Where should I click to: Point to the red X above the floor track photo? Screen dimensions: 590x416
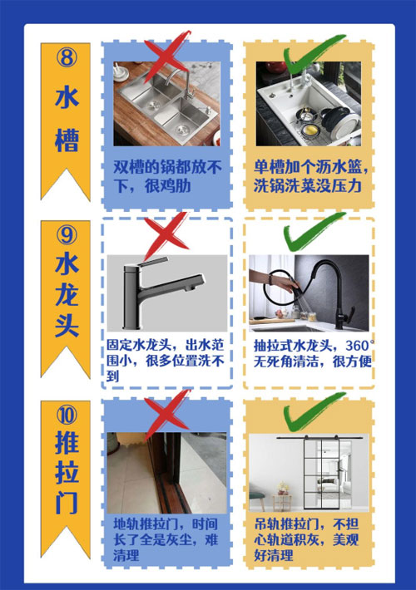[x=167, y=410]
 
